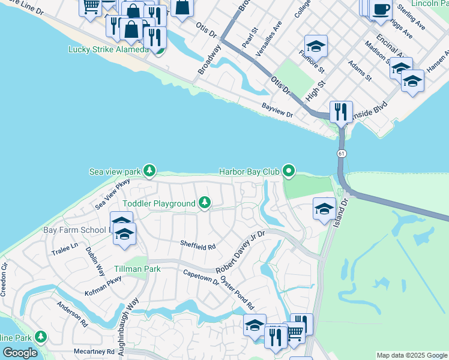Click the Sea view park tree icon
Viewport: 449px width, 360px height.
(x=149, y=172)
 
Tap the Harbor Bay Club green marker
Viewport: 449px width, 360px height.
(x=289, y=172)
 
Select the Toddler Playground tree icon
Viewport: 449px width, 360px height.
(x=205, y=204)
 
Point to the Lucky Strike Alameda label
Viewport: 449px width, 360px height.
(x=108, y=49)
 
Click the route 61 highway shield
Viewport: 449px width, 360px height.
(x=342, y=154)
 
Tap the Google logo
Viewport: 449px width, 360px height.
(x=20, y=353)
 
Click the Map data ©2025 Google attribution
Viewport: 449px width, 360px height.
(x=411, y=355)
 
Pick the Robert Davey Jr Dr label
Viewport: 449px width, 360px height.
(x=240, y=251)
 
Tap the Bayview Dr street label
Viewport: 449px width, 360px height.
(x=277, y=110)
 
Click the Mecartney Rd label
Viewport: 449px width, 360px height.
(x=94, y=351)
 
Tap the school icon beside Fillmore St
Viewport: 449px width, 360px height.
(x=316, y=46)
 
